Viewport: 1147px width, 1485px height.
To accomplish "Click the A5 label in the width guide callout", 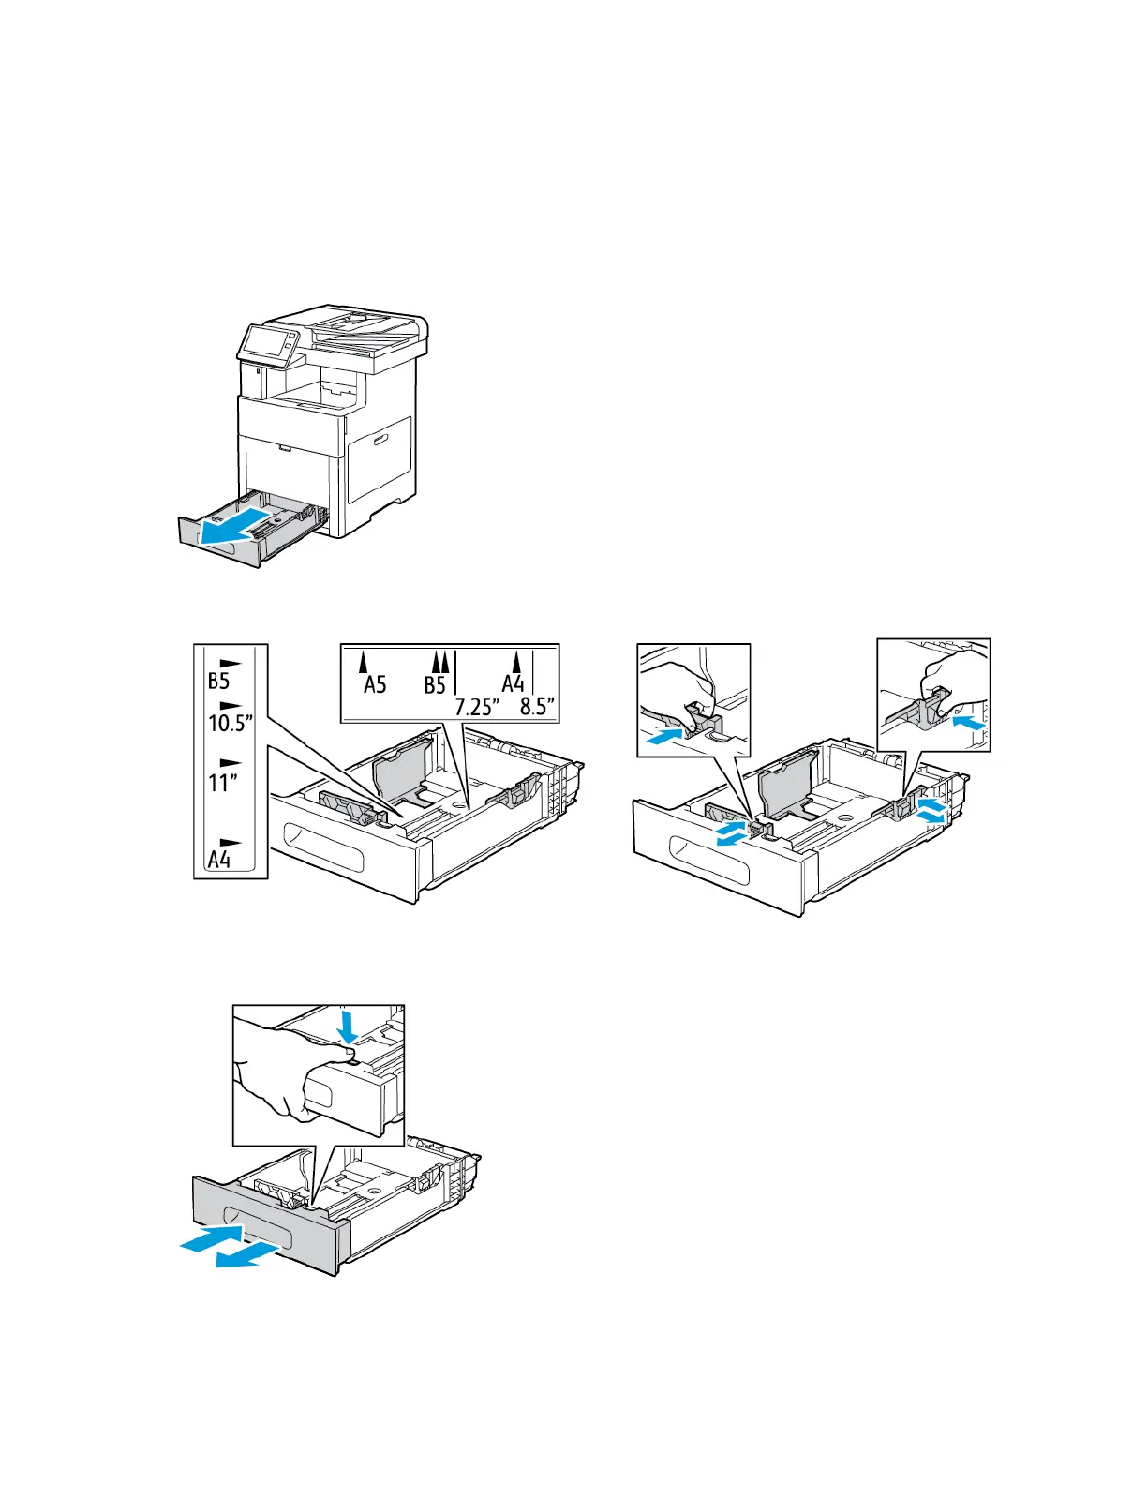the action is tap(375, 684).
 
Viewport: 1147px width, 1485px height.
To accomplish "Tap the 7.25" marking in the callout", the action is tap(474, 708).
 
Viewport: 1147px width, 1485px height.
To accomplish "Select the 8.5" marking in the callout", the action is tap(538, 708).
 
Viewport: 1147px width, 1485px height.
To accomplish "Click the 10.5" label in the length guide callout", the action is tap(231, 723).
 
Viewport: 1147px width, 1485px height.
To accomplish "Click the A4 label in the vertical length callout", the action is tap(219, 860).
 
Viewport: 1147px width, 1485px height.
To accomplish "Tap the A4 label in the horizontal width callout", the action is tap(514, 684).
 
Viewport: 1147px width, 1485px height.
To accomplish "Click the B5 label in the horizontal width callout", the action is tap(435, 684).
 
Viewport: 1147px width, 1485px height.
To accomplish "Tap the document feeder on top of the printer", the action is tap(361, 323).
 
